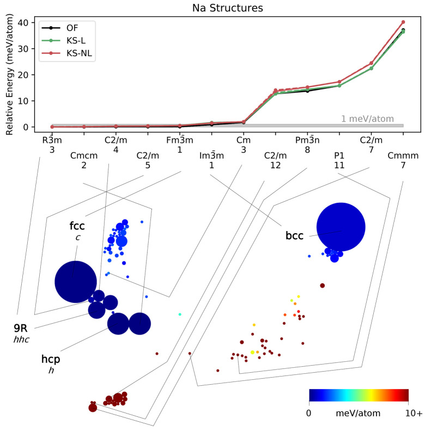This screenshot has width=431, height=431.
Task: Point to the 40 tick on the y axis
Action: click(23, 22)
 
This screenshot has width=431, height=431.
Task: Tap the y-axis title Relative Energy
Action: click(9, 75)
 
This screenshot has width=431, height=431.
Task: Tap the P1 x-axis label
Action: click(339, 156)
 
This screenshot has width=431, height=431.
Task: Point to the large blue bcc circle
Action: click(341, 227)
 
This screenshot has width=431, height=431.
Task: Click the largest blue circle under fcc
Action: click(76, 282)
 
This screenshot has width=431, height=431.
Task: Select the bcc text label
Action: click(295, 236)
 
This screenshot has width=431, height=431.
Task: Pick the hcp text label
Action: click(51, 359)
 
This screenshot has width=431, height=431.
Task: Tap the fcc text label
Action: click(77, 226)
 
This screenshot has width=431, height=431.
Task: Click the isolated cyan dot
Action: click(180, 314)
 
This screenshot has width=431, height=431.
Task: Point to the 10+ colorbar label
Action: click(414, 414)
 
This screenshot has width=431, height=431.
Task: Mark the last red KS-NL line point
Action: click(403, 22)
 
